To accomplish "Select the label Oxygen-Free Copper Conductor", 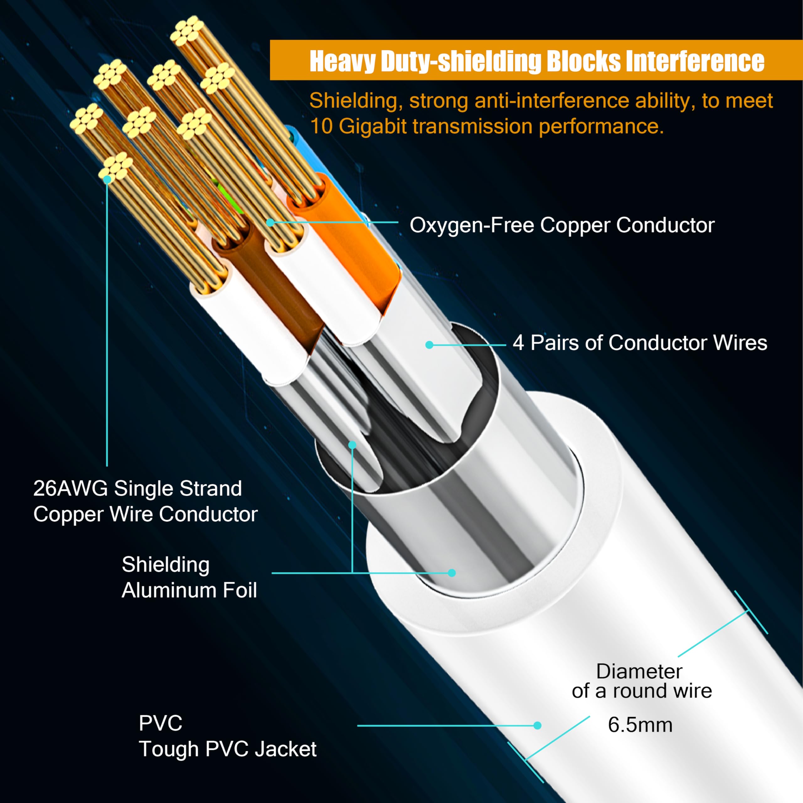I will [562, 225].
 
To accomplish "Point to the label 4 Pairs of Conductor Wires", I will [640, 343].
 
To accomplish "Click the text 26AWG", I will [70, 488].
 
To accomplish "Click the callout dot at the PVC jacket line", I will [537, 726].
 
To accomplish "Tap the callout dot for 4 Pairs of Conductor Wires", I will [429, 345].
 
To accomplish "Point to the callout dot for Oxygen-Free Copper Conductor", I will [270, 222].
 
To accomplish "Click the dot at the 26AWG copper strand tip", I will [107, 179].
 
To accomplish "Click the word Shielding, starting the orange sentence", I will [356, 101].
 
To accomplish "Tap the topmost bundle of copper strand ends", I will [186, 31].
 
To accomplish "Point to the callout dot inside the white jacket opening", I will [452, 573].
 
